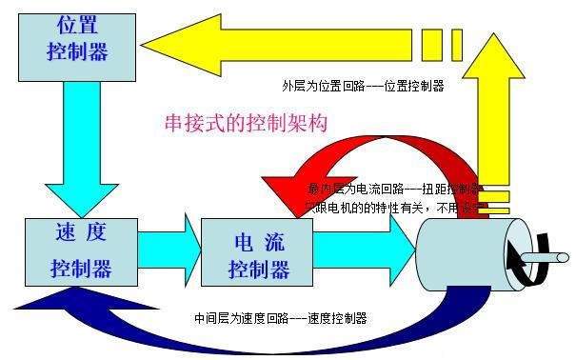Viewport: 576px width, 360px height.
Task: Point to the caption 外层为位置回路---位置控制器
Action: (363, 85)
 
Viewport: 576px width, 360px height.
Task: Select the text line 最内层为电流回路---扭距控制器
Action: (395, 189)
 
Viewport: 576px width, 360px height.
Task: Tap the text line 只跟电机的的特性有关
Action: (367, 206)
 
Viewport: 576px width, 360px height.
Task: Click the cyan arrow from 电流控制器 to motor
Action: (362, 250)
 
